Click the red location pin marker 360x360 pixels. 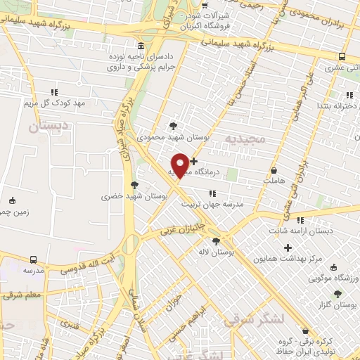point(181,165)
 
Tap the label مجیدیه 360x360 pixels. point(245,139)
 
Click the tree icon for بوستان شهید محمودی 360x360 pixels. point(173,127)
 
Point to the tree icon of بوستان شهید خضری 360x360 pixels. point(134,185)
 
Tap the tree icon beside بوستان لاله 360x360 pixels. point(216,240)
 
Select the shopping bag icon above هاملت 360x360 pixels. point(274,170)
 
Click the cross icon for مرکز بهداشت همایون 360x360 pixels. point(288,247)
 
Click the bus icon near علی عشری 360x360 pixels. point(342,56)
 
